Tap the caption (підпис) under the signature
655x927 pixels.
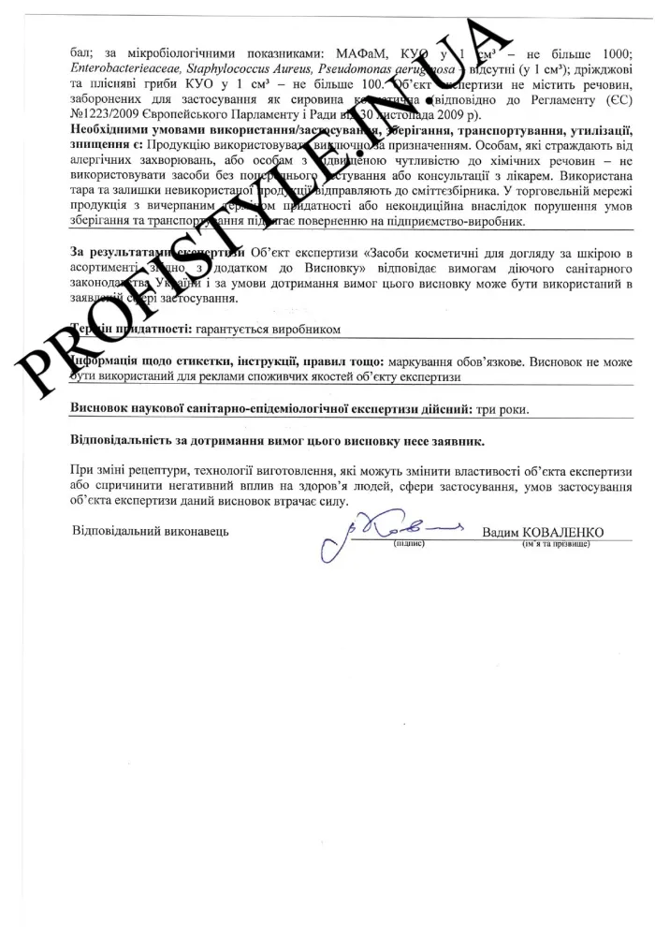[x=410, y=543]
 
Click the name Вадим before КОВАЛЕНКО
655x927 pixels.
[x=501, y=533]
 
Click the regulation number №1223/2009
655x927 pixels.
[x=107, y=114]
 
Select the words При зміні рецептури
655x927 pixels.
[x=129, y=471]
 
